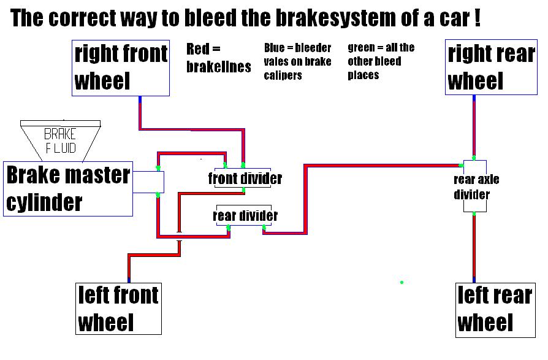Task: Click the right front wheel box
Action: (121, 67)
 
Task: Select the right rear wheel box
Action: (490, 67)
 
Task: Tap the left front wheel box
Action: (118, 308)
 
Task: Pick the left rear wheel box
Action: (494, 309)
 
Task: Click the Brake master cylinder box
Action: (68, 189)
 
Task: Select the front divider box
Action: (245, 178)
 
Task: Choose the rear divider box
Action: (245, 215)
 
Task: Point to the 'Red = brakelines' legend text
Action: (218, 58)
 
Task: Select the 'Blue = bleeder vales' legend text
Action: (297, 61)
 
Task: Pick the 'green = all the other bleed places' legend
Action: (381, 61)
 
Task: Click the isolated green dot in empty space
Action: (401, 282)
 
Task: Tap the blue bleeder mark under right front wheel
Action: (140, 99)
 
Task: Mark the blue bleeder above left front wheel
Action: (129, 280)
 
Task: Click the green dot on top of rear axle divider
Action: (474, 158)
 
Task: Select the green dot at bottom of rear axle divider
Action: (474, 213)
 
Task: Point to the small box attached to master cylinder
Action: (148, 182)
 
